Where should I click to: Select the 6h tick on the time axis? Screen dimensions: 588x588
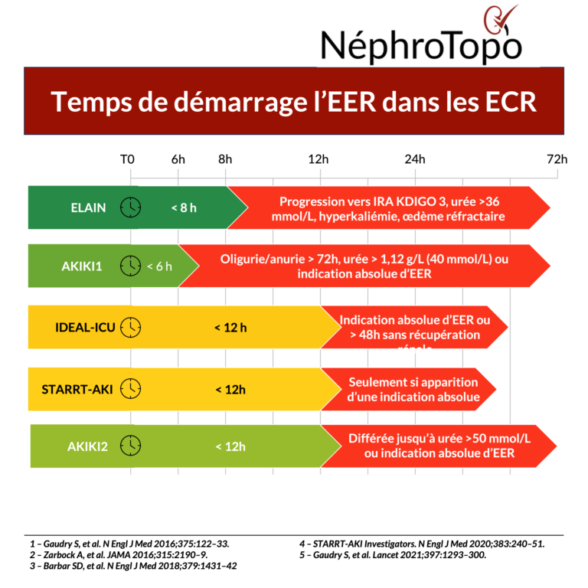[x=178, y=159]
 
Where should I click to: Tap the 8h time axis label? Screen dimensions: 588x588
[x=225, y=159]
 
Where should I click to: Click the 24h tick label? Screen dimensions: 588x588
[x=415, y=159]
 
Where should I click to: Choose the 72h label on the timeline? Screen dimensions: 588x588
[x=557, y=159]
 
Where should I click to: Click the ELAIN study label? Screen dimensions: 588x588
[x=90, y=207]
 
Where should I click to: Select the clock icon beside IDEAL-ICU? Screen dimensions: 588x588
[x=132, y=327]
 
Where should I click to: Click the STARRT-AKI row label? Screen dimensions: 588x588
[x=77, y=389]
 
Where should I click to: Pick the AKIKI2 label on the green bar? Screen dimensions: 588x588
[x=87, y=446]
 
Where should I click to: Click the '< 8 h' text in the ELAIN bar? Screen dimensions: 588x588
[x=184, y=207]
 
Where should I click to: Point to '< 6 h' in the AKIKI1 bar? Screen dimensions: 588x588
[x=159, y=266]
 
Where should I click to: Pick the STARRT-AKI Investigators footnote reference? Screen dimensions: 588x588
[x=422, y=544]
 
